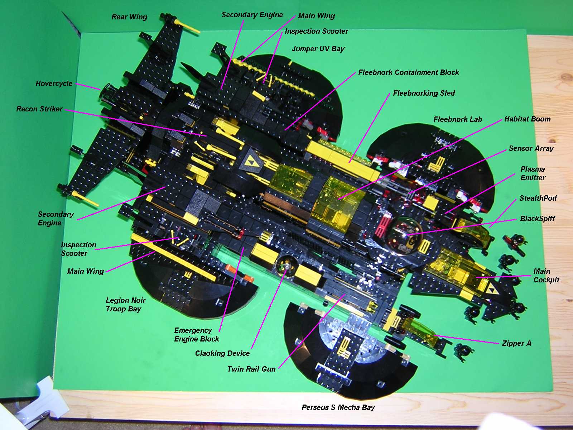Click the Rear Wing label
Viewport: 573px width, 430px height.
pyautogui.click(x=129, y=17)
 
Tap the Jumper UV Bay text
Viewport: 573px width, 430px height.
pyautogui.click(x=318, y=49)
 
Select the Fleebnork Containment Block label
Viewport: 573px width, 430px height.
pyautogui.click(x=409, y=72)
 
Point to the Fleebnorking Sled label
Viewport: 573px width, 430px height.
pyautogui.click(x=424, y=93)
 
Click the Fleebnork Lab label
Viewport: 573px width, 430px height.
pyautogui.click(x=458, y=119)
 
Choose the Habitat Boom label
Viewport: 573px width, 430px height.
pyautogui.click(x=528, y=119)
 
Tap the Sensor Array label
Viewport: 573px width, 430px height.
pyautogui.click(x=531, y=148)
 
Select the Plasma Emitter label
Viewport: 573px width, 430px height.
pyautogui.click(x=533, y=173)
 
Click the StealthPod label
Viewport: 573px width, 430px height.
pyautogui.click(x=538, y=198)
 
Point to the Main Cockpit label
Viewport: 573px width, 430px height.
pyautogui.click(x=546, y=276)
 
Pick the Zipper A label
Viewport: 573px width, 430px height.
pyautogui.click(x=516, y=343)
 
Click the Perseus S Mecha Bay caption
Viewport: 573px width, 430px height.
pyautogui.click(x=338, y=407)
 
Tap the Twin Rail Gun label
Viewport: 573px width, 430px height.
pyautogui.click(x=251, y=369)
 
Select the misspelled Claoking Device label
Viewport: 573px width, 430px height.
pyautogui.click(x=222, y=353)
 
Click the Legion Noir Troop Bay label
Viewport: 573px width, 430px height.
pyautogui.click(x=125, y=305)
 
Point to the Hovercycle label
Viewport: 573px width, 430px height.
pyautogui.click(x=54, y=83)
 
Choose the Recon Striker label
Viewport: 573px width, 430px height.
pyautogui.click(x=39, y=109)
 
